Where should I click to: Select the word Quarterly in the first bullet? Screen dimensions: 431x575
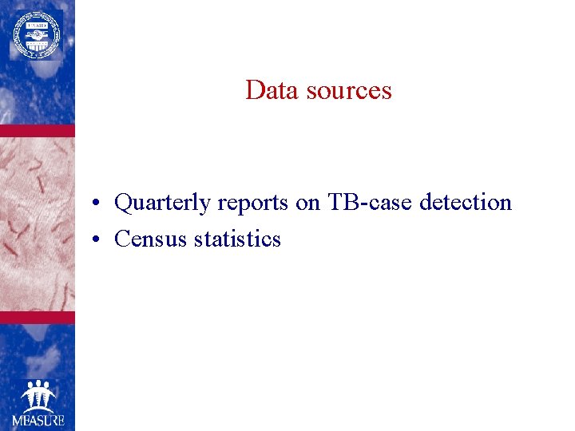point(163,204)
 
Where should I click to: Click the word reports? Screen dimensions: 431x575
point(253,204)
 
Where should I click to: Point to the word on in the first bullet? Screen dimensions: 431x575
point(307,204)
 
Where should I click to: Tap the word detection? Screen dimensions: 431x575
point(466,203)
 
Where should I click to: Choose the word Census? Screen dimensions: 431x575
point(151,239)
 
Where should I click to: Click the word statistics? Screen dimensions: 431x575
point(237,239)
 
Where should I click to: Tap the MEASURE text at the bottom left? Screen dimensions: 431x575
point(38,419)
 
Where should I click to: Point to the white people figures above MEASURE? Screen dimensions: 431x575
point(38,395)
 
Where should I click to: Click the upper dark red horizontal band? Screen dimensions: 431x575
point(38,130)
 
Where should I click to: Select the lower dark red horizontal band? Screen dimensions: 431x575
point(38,317)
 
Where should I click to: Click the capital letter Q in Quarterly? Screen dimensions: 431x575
point(124,204)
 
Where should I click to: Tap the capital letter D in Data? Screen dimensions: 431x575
point(255,90)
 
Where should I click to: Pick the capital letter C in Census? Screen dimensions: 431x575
point(122,239)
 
